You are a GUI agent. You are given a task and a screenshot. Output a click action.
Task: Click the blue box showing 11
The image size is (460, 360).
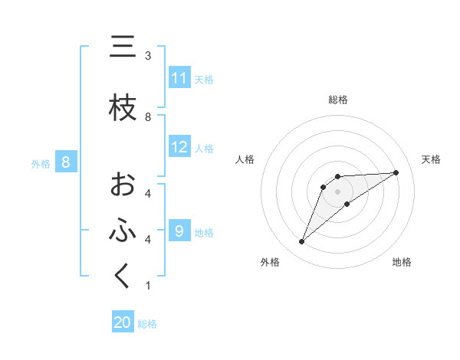(x=179, y=78)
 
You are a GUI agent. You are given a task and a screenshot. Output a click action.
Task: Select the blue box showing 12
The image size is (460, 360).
(x=179, y=148)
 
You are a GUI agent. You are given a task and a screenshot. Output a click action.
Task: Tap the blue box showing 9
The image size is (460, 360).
(x=179, y=231)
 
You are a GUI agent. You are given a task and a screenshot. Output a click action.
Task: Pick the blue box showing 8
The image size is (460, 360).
(x=67, y=162)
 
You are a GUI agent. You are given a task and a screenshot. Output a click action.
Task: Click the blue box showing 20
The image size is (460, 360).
(x=123, y=322)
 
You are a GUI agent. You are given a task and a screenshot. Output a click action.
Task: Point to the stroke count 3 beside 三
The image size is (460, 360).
(x=148, y=56)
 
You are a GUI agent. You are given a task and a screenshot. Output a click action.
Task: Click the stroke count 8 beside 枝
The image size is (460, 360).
(x=148, y=117)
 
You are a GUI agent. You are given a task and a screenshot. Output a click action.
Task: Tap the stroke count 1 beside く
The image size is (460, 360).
(x=148, y=286)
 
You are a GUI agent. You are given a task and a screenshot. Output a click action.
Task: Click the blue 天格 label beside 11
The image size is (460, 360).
(x=204, y=79)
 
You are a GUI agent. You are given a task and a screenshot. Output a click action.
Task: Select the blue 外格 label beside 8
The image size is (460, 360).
(x=41, y=163)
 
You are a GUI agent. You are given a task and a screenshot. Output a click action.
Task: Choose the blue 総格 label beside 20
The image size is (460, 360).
(x=147, y=323)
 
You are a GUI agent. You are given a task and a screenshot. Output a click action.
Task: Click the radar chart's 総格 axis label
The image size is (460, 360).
(x=338, y=100)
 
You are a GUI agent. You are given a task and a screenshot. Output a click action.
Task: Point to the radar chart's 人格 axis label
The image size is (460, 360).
(x=245, y=159)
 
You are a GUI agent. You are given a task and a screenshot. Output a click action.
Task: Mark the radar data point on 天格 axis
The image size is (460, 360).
(x=396, y=172)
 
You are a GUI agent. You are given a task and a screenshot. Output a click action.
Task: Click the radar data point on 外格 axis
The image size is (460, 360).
(x=302, y=242)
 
